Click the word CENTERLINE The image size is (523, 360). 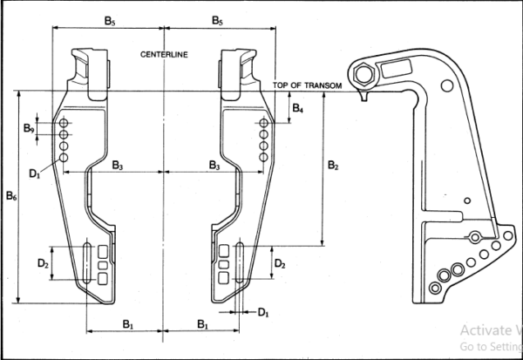(x=164, y=54)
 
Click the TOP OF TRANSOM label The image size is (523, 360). (x=307, y=85)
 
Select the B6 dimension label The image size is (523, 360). (x=11, y=196)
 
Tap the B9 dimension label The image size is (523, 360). (x=29, y=128)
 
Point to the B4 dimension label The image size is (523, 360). (x=298, y=108)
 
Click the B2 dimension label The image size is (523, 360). (x=333, y=165)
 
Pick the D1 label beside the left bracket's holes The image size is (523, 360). (x=34, y=173)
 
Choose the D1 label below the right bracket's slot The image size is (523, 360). (x=263, y=313)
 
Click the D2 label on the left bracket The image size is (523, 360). (x=43, y=263)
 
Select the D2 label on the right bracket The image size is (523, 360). (x=280, y=264)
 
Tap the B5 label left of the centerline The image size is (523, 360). (x=110, y=21)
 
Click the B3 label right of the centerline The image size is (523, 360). (x=214, y=165)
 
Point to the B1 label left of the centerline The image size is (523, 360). (x=128, y=324)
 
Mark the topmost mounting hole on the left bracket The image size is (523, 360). (x=64, y=123)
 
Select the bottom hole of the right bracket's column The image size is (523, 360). (x=263, y=157)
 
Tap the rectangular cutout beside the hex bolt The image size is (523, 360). (x=397, y=69)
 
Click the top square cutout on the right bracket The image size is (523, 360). (x=224, y=251)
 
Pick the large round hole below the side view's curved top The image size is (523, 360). (x=447, y=85)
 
